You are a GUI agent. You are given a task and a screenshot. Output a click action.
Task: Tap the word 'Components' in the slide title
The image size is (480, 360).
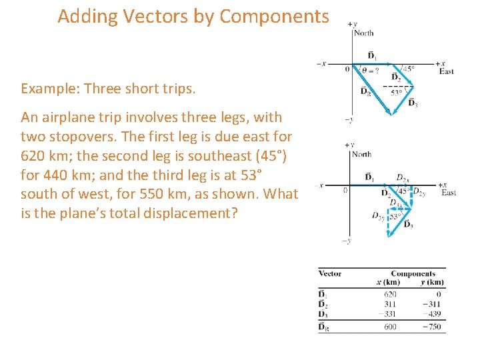274,17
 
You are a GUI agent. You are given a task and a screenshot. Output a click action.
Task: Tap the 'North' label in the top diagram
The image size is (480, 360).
364,33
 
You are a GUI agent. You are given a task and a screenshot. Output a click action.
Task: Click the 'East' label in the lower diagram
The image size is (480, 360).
448,193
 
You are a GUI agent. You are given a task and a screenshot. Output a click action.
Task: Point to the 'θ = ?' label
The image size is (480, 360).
369,69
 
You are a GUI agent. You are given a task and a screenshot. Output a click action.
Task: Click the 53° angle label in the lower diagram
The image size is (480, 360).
395,217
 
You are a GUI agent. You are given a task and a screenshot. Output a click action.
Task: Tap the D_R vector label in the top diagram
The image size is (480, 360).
366,91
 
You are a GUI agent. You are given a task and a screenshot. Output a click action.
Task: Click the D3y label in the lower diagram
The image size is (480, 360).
377,215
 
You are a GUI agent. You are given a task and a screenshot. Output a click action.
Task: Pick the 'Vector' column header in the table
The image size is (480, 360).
330,273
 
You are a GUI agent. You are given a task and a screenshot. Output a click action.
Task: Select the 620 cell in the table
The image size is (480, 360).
391,293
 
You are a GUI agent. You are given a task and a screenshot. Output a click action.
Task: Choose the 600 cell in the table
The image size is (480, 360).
391,327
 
